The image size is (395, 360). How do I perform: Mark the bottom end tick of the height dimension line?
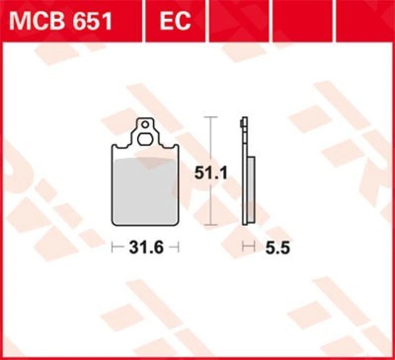coord(211,227)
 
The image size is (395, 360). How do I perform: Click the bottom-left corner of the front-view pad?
coord(113,224)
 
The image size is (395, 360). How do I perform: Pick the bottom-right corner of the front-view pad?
coord(177,224)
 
